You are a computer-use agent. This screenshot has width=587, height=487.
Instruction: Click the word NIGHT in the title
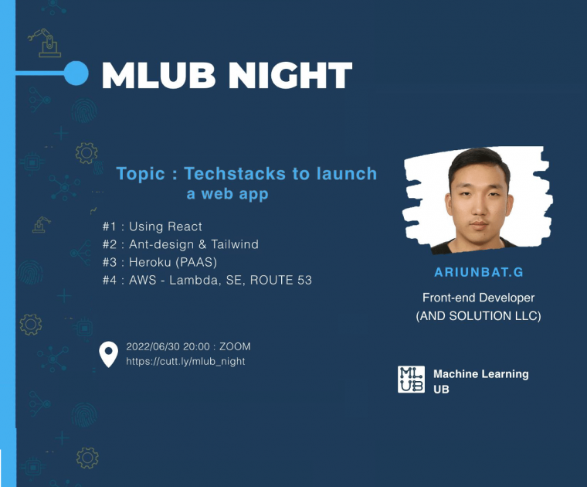290,75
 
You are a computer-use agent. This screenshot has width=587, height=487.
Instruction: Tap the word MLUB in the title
158,75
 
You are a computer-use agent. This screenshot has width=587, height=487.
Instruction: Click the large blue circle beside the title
76,73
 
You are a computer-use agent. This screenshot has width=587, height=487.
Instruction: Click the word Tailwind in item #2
235,244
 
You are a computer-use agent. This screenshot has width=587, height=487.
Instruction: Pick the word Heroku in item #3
150,262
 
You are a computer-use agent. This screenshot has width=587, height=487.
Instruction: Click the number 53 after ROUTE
305,280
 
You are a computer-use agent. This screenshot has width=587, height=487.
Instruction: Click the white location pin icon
109,354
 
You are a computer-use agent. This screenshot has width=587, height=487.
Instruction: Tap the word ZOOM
235,346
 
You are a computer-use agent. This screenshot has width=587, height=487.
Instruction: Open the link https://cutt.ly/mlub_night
185,362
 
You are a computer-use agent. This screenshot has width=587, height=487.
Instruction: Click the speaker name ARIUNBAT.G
479,272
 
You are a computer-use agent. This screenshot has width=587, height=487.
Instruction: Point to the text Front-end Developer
478,298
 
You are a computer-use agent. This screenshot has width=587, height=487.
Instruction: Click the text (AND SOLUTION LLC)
478,316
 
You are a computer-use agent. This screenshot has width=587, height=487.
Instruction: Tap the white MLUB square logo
411,380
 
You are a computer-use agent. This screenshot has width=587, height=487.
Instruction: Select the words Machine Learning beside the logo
481,374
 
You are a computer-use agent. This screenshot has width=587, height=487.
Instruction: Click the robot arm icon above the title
46,43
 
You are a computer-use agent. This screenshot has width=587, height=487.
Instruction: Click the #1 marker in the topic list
110,226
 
